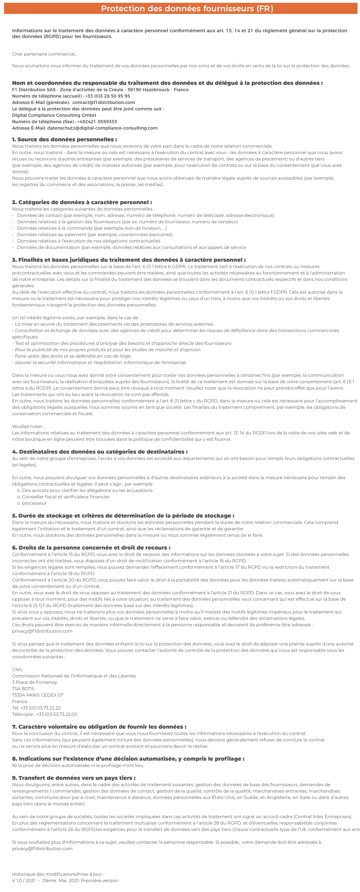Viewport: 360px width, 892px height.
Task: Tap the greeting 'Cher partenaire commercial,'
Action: [x=44, y=54]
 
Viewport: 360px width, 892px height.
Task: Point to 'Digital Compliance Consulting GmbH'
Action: [x=54, y=115]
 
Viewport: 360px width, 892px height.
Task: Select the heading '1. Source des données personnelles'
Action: [x=64, y=140]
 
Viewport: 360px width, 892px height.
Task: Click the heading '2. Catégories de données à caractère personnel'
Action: [x=82, y=202]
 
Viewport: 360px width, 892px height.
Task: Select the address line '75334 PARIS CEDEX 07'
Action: [x=38, y=695]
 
